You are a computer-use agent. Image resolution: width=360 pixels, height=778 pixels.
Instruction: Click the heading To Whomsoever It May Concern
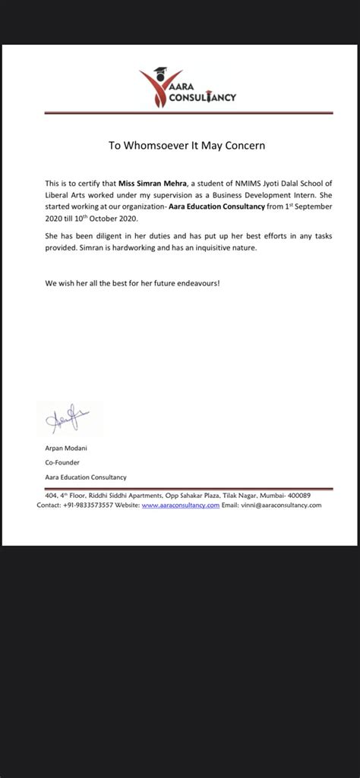click(x=186, y=145)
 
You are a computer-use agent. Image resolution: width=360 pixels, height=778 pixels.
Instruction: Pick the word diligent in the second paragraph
click(x=113, y=237)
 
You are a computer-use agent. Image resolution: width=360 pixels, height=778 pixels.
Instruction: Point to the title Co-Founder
click(x=62, y=462)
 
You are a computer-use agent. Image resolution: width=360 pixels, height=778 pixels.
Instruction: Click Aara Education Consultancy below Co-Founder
click(x=86, y=477)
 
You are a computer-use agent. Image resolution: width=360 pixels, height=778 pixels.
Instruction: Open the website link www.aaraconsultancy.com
click(x=181, y=505)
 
